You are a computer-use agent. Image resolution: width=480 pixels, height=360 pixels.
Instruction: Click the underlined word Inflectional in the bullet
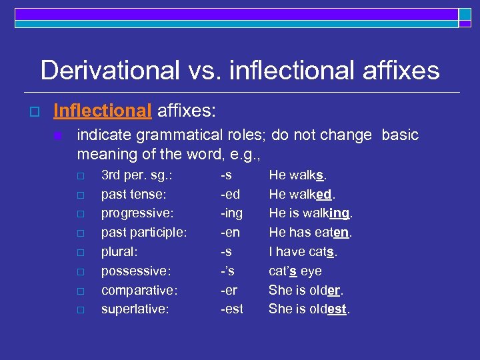[103, 109]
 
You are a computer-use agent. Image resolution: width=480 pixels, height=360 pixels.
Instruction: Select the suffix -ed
[230, 194]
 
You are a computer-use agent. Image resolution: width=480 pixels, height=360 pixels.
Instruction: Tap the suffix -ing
[232, 213]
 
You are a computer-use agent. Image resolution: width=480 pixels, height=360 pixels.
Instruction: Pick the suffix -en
[230, 233]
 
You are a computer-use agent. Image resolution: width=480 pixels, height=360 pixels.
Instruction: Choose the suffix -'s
[228, 271]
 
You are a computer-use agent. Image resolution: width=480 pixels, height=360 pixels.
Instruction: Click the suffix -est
[232, 309]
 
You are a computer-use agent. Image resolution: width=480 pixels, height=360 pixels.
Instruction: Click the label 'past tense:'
[133, 194]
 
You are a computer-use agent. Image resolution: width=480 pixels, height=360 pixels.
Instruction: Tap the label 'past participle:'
[143, 233]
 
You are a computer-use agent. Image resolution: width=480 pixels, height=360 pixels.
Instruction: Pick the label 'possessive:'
[136, 271]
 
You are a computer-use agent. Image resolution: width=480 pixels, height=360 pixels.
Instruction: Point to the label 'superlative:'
[135, 309]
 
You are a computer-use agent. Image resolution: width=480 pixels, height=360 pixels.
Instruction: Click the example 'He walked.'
[302, 194]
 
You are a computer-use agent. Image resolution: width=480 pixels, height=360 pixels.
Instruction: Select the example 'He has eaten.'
[310, 233]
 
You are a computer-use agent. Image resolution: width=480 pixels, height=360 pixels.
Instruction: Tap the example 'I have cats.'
[303, 252]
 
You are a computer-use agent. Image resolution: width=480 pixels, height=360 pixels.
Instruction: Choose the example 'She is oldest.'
[309, 309]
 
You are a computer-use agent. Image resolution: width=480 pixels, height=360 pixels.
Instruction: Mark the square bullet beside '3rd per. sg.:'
[80, 176]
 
